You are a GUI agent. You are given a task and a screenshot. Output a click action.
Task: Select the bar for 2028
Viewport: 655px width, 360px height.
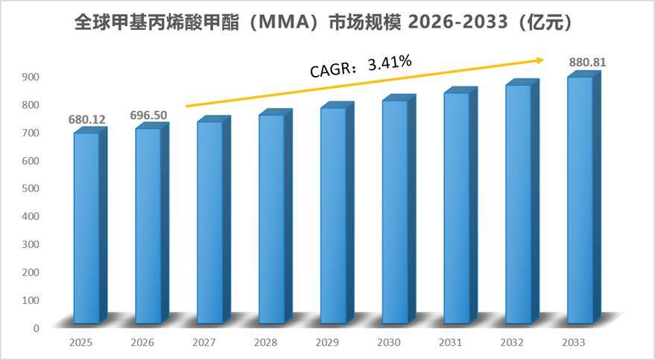[275, 216]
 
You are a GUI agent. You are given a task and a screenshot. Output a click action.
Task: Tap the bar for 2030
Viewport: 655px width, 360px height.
[399, 209]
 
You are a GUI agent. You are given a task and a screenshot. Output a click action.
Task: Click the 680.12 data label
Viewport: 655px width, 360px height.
[87, 120]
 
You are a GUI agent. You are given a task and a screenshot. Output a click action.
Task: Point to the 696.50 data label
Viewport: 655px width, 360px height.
[148, 116]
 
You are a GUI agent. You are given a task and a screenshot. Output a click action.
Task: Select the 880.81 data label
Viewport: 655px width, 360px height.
[587, 62]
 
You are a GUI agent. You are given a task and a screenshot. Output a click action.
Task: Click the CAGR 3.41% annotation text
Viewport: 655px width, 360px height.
[361, 66]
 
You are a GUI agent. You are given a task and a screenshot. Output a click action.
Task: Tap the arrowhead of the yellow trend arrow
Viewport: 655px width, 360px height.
[540, 60]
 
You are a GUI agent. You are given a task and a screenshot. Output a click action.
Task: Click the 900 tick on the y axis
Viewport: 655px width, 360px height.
[31, 77]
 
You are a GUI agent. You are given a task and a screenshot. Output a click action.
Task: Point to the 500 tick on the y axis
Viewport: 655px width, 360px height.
[31, 189]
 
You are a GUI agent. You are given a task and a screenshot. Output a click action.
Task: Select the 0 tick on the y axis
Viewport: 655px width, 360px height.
[37, 328]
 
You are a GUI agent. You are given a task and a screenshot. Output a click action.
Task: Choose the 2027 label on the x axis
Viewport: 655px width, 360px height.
[204, 343]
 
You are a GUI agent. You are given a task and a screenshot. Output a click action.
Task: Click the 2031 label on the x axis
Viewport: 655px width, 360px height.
[450, 343]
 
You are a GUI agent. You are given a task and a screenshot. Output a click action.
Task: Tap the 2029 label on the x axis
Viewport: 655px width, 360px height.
[327, 343]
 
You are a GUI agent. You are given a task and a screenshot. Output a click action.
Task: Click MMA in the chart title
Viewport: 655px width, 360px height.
[283, 22]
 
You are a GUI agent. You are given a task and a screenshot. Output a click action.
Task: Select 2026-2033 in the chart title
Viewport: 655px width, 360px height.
[458, 22]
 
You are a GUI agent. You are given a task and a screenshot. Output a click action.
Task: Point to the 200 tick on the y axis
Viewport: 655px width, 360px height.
[31, 272]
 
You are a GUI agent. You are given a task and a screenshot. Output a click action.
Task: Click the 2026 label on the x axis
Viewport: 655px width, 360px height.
[142, 343]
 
